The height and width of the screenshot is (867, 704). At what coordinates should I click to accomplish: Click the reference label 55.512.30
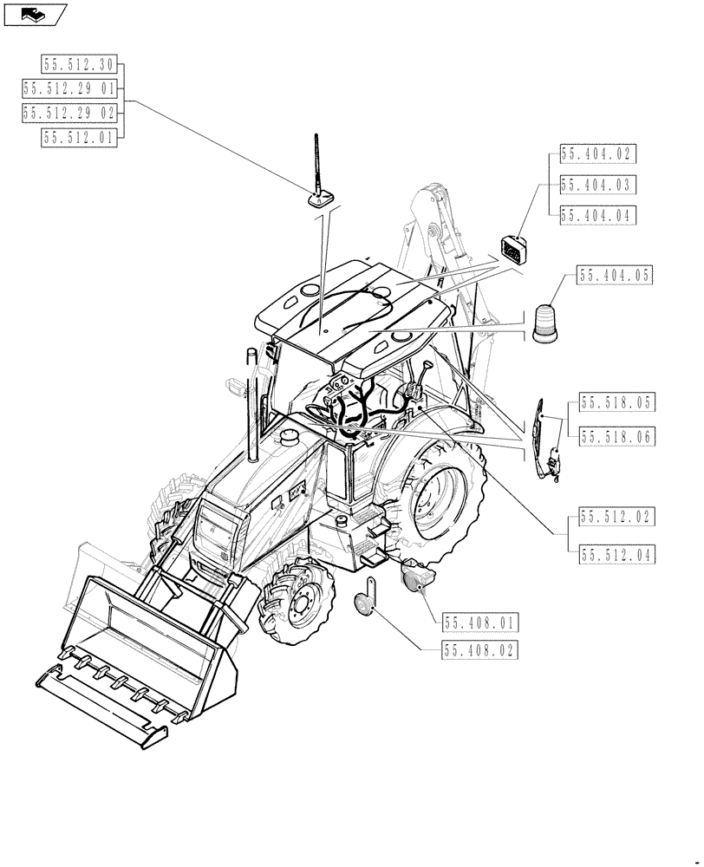point(79,63)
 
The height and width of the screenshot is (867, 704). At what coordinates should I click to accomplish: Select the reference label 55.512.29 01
point(69,88)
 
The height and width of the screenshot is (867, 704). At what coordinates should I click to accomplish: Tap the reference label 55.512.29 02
point(69,112)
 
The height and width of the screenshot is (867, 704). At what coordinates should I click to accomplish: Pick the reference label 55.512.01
point(79,136)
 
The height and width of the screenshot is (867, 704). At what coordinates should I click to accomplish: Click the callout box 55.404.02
point(597,154)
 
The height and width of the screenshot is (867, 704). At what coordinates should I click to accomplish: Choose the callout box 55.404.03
point(597,185)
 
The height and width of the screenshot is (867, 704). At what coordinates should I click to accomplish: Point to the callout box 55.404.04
point(597,215)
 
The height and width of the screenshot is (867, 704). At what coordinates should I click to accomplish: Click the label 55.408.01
point(480,622)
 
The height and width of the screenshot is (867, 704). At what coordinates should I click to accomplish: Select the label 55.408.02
point(480,648)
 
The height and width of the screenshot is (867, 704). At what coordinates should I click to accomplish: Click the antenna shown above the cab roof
point(320,173)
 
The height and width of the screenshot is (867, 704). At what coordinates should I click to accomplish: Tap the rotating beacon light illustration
point(546,324)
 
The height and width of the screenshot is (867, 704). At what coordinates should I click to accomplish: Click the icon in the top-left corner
point(36,14)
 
